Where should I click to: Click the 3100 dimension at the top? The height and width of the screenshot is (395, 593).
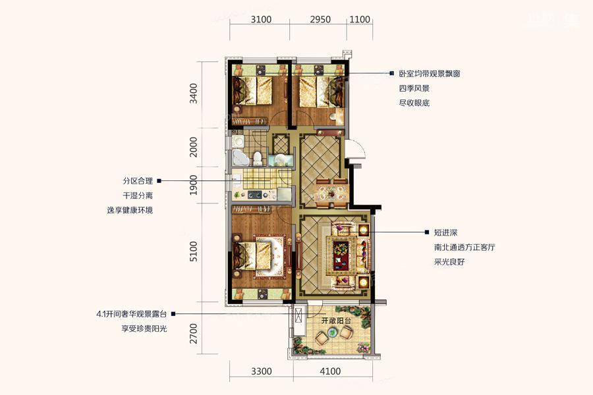tap(261, 19)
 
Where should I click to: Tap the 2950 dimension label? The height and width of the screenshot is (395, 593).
tap(320, 19)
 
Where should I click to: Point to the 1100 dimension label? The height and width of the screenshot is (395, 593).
tap(360, 19)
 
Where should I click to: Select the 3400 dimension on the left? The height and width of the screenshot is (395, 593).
tap(194, 93)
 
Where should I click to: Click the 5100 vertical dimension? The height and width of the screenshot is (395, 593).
tap(194, 251)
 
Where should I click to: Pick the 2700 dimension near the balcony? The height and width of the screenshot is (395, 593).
tap(194, 333)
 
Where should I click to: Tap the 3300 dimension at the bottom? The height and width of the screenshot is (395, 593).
tap(262, 371)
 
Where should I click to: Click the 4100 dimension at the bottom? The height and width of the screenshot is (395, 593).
tap(330, 371)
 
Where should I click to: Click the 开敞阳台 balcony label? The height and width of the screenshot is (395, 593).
tap(336, 321)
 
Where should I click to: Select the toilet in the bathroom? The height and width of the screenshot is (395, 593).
tap(258, 159)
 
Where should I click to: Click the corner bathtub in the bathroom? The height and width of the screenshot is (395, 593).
tap(240, 157)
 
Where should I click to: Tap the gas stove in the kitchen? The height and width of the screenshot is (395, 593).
tap(254, 195)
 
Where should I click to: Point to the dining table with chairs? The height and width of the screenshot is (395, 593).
tap(332, 193)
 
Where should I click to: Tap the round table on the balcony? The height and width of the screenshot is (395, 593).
tap(333, 333)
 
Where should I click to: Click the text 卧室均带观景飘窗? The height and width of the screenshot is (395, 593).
tap(430, 74)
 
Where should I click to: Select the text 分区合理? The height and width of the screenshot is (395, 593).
tap(138, 181)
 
